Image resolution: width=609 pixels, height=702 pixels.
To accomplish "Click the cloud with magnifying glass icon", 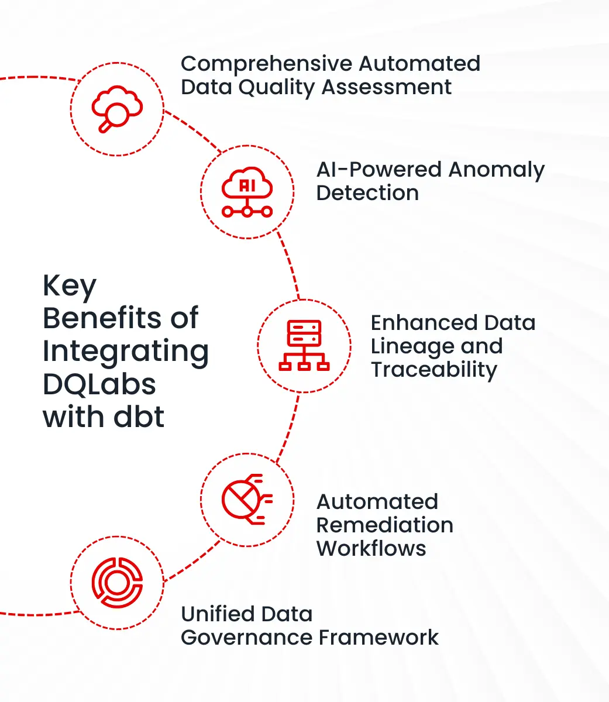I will pyautogui.click(x=117, y=109).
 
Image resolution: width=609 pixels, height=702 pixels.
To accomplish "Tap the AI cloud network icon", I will pyautogui.click(x=247, y=192).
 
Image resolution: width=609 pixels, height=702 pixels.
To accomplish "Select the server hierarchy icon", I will pyautogui.click(x=304, y=345).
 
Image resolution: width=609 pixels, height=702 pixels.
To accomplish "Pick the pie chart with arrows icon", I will pyautogui.click(x=247, y=498).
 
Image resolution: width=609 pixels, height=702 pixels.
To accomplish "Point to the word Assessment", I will pyautogui.click(x=387, y=87).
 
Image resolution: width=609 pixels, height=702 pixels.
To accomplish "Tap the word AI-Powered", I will pyautogui.click(x=379, y=170).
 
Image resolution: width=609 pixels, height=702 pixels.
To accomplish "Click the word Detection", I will pyautogui.click(x=367, y=193).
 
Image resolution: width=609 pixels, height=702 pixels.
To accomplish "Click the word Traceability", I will pyautogui.click(x=433, y=370).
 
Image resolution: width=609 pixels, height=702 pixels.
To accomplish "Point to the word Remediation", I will pyautogui.click(x=384, y=525).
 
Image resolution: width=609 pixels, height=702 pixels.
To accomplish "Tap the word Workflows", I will pyautogui.click(x=371, y=549).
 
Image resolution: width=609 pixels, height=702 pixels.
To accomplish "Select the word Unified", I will pyautogui.click(x=217, y=614).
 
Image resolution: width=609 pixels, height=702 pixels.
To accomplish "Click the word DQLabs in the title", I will pyautogui.click(x=99, y=384).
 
